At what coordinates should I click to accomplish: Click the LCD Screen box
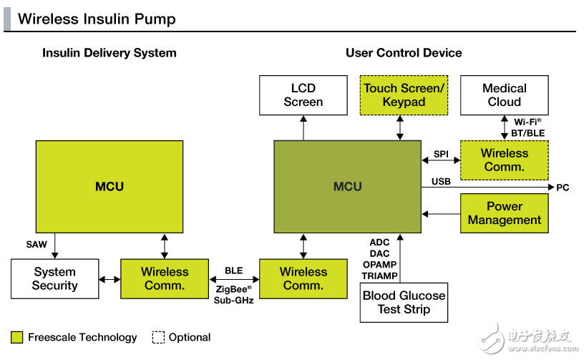tap(303, 95)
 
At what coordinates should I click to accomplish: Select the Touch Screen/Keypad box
tap(404, 95)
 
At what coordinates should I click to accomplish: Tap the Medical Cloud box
tap(504, 95)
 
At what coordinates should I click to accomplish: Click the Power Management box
tap(504, 213)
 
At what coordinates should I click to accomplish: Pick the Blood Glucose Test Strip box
tap(404, 303)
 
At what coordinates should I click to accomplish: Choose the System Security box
tap(55, 278)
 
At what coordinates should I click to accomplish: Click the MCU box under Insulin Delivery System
tap(109, 187)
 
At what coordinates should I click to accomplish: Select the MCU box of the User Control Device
tap(348, 187)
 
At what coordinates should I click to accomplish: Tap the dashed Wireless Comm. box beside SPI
tap(504, 160)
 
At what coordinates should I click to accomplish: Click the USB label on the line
tap(441, 182)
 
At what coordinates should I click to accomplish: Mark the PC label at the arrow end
tap(563, 188)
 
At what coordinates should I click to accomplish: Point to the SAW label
tap(36, 244)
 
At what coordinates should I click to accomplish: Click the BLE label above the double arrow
tap(234, 271)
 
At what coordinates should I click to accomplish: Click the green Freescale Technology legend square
tap(17, 337)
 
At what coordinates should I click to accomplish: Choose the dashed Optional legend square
tap(158, 337)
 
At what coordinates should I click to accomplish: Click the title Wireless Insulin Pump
tap(97, 19)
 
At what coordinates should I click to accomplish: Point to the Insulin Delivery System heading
tap(109, 53)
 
